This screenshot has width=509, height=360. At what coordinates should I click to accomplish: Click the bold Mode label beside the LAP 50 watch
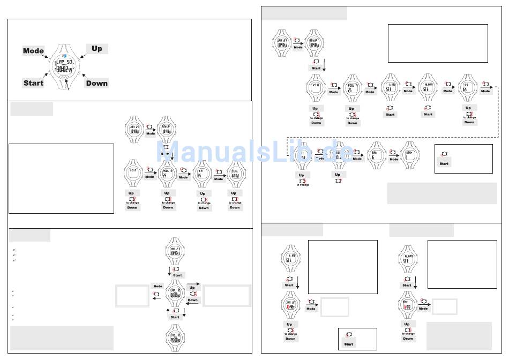click(33, 51)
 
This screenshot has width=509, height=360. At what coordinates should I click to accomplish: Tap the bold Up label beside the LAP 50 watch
click(96, 49)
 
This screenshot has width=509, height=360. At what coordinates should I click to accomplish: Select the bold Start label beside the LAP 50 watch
click(33, 83)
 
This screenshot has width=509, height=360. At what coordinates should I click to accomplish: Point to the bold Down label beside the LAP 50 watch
click(96, 83)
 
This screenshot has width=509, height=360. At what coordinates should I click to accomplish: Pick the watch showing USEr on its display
click(410, 156)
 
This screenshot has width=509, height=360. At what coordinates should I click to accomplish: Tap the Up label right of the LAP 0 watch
click(192, 288)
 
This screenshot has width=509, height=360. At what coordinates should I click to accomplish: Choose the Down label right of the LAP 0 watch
click(192, 300)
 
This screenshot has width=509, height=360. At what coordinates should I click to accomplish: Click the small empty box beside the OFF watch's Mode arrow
click(445, 306)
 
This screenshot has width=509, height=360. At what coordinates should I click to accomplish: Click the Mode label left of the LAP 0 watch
click(158, 287)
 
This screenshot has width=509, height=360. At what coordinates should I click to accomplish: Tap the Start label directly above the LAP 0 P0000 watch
click(175, 317)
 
